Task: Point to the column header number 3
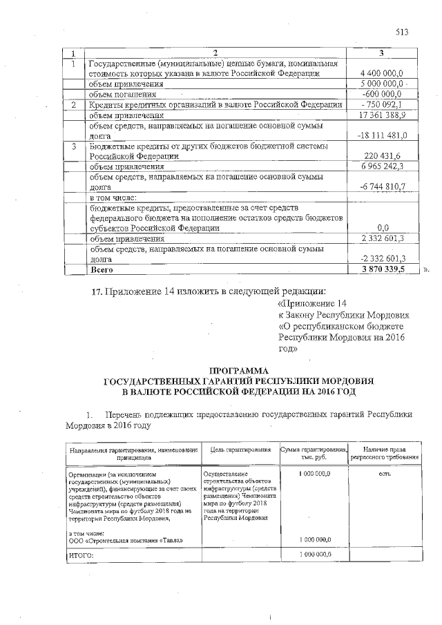[x=381, y=53]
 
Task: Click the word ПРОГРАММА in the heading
[x=238, y=370]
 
